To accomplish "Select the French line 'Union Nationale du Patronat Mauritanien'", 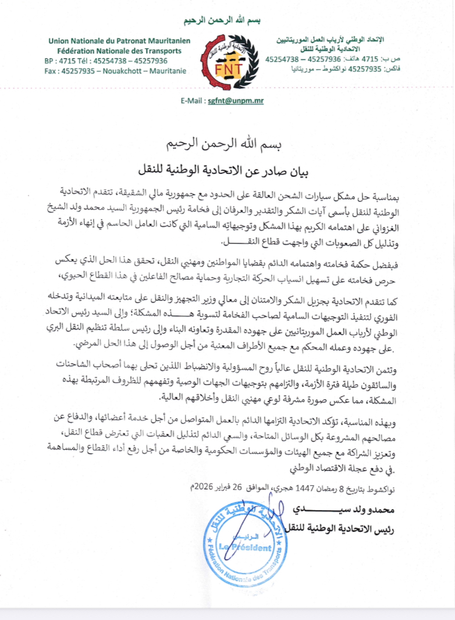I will tap(115, 41).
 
